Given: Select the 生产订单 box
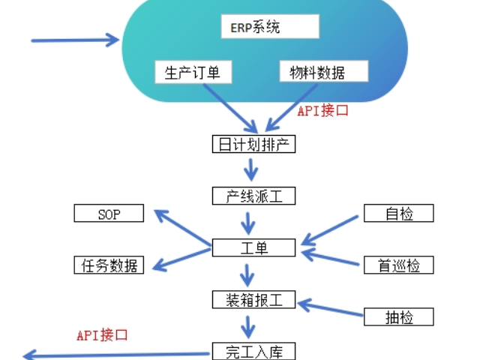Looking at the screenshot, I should pyautogui.click(x=193, y=72).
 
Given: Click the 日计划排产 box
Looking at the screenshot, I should pyautogui.click(x=253, y=144).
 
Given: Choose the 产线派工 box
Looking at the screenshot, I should pyautogui.click(x=253, y=196).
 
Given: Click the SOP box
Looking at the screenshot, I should pyautogui.click(x=109, y=214).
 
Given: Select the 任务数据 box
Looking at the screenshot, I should pyautogui.click(x=109, y=265).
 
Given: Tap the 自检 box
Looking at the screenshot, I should pyautogui.click(x=398, y=214).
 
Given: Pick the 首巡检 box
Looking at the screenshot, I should pyautogui.click(x=398, y=265).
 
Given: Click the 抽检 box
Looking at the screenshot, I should pyautogui.click(x=398, y=316).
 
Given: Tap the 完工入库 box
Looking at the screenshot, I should pyautogui.click(x=253, y=351).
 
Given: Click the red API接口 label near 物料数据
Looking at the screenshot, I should pyautogui.click(x=323, y=111).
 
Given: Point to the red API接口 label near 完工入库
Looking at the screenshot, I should pyautogui.click(x=102, y=334).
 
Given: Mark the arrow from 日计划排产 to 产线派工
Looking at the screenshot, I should pyautogui.click(x=253, y=170).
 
